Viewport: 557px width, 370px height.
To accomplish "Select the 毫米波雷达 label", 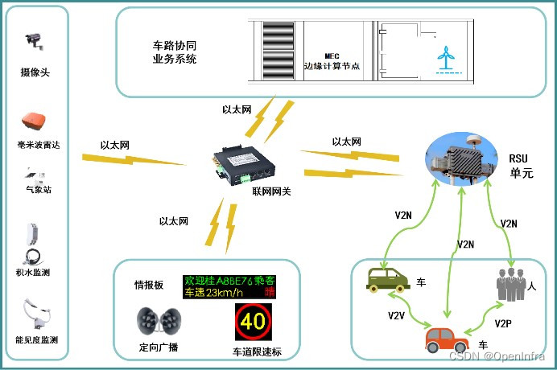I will pyautogui.click(x=39, y=146).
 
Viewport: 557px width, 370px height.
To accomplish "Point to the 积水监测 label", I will pyautogui.click(x=34, y=273).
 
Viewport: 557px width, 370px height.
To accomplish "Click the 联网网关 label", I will pyautogui.click(x=271, y=191).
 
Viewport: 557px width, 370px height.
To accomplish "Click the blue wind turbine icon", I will pyautogui.click(x=444, y=57).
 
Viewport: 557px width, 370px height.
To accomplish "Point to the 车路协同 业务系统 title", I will pyautogui.click(x=174, y=53).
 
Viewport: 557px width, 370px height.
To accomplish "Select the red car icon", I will pyautogui.click(x=447, y=338).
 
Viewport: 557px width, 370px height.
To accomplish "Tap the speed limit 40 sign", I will pyautogui.click(x=253, y=322).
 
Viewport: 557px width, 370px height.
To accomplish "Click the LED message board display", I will pyautogui.click(x=229, y=286).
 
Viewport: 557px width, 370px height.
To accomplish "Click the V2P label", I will pyautogui.click(x=504, y=323).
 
